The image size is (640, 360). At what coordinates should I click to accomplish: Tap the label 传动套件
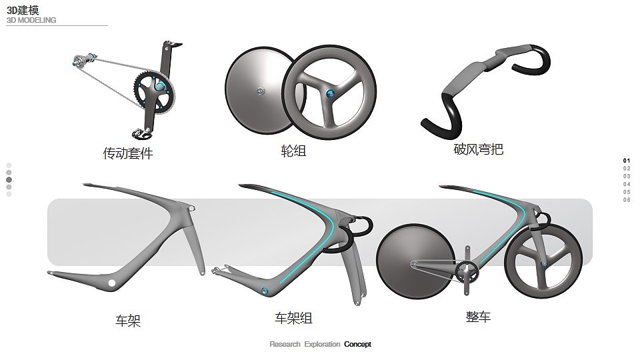click(x=128, y=153)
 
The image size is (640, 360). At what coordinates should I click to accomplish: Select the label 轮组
click(x=293, y=151)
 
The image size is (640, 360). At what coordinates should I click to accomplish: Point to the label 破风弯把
click(x=478, y=149)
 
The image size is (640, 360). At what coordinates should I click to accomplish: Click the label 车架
click(x=128, y=321)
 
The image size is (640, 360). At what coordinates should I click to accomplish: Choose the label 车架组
click(x=293, y=318)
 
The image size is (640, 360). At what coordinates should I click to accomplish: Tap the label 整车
click(x=478, y=317)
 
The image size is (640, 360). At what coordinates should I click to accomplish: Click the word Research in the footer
click(x=285, y=345)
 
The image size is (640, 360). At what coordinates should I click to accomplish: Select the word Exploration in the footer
click(x=322, y=345)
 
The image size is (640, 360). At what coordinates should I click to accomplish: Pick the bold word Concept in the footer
click(x=357, y=345)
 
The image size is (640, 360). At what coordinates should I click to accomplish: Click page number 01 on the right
click(x=627, y=161)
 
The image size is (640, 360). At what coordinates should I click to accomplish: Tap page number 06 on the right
click(x=627, y=200)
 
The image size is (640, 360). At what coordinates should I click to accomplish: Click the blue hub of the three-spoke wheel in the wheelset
click(x=329, y=94)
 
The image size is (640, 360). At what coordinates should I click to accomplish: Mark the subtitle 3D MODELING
click(x=31, y=21)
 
